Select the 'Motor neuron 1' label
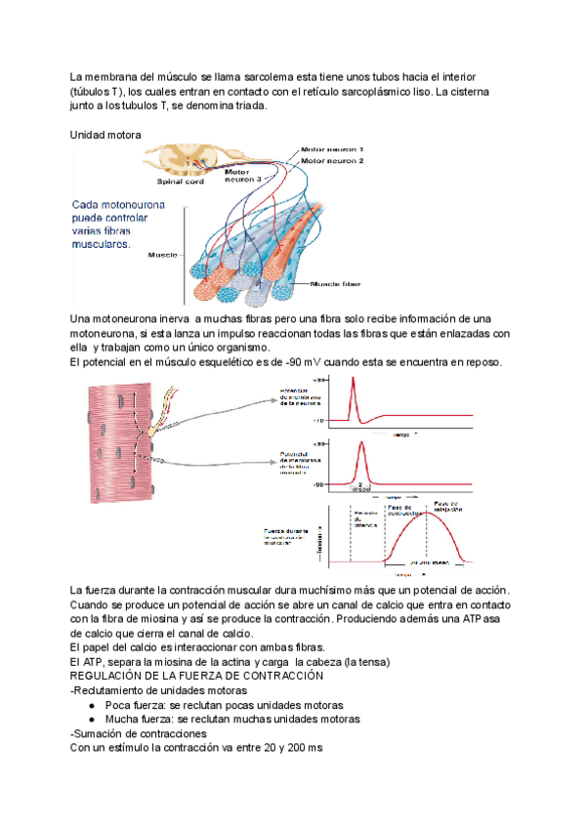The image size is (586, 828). (x=333, y=148)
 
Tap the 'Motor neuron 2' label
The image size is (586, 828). (x=333, y=160)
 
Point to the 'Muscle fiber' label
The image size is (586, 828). (x=336, y=285)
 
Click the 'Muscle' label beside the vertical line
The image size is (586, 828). (x=162, y=255)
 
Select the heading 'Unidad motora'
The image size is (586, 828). (x=105, y=134)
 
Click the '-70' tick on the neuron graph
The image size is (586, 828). (x=318, y=421)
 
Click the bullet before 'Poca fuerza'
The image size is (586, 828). (x=91, y=704)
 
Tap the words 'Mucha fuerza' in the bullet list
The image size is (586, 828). (x=138, y=719)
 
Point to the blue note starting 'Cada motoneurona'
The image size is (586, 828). (x=118, y=227)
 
